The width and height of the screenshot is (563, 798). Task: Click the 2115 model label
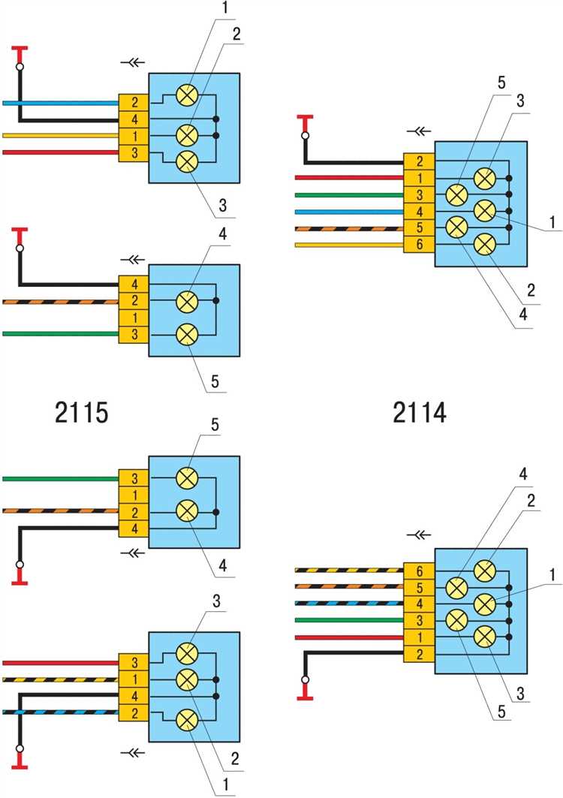(x=81, y=412)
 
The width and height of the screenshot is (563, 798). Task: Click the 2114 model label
(x=419, y=412)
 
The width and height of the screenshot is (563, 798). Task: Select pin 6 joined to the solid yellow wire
(x=418, y=245)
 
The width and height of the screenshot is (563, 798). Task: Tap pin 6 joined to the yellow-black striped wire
(x=418, y=571)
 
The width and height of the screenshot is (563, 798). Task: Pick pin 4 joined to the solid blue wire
(x=418, y=212)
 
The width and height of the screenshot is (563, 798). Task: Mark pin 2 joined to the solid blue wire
(x=134, y=103)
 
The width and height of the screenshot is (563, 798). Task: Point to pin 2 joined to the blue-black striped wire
(x=134, y=712)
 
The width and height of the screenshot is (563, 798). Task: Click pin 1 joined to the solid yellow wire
(x=134, y=136)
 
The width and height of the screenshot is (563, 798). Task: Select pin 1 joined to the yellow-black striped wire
(x=134, y=679)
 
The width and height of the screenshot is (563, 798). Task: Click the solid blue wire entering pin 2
(x=60, y=103)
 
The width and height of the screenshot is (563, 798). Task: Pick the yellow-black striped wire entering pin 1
(x=60, y=679)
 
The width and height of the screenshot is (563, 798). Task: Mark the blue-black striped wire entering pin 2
(x=60, y=712)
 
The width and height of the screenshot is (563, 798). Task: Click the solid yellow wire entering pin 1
(x=60, y=136)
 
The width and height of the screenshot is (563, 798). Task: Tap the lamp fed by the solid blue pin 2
(x=186, y=95)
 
